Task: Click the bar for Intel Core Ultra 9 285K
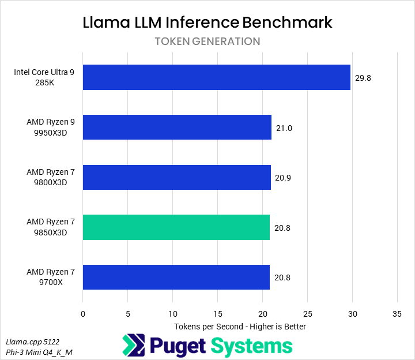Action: pos(217,77)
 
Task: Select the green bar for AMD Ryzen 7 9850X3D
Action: pos(176,227)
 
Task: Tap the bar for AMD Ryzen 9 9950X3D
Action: pos(177,127)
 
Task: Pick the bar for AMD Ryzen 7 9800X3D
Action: pos(177,177)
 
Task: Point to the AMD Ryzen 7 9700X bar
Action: pos(176,277)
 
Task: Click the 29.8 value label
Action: pos(363,78)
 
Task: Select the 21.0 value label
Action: pos(284,128)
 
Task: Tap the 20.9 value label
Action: pos(284,178)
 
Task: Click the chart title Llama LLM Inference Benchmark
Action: pos(207,22)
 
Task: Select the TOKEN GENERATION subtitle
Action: pos(207,42)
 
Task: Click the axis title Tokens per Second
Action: pos(240,327)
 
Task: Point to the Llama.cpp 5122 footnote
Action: pos(32,342)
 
